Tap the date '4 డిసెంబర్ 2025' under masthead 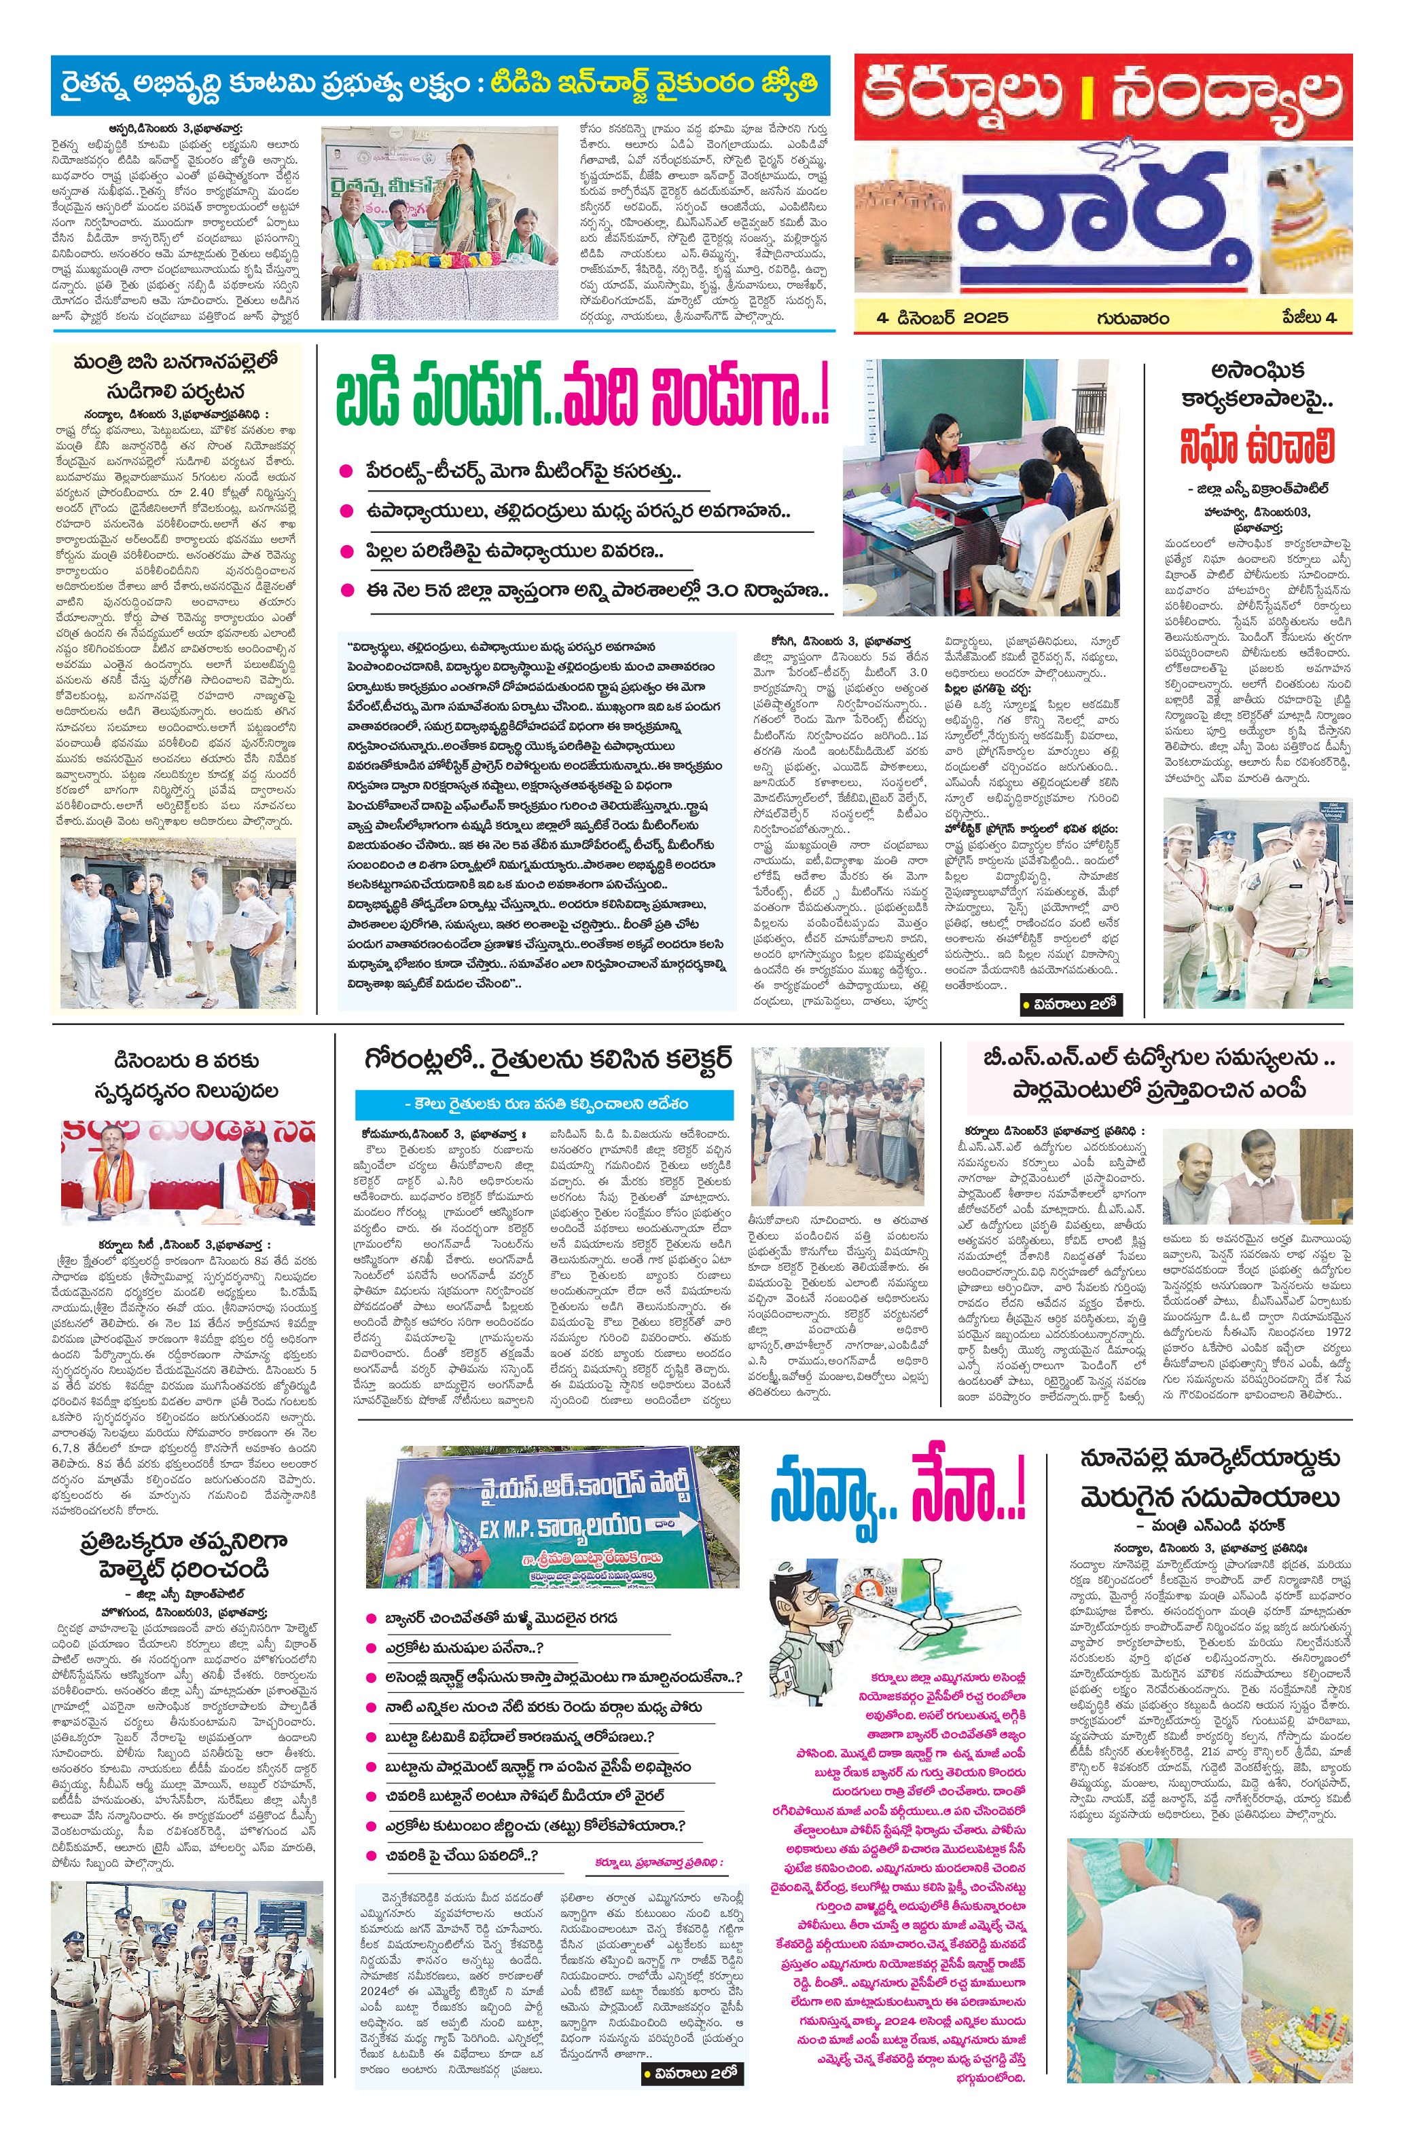tap(944, 318)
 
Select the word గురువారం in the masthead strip tap(1132, 318)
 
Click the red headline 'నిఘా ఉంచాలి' tap(1258, 447)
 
